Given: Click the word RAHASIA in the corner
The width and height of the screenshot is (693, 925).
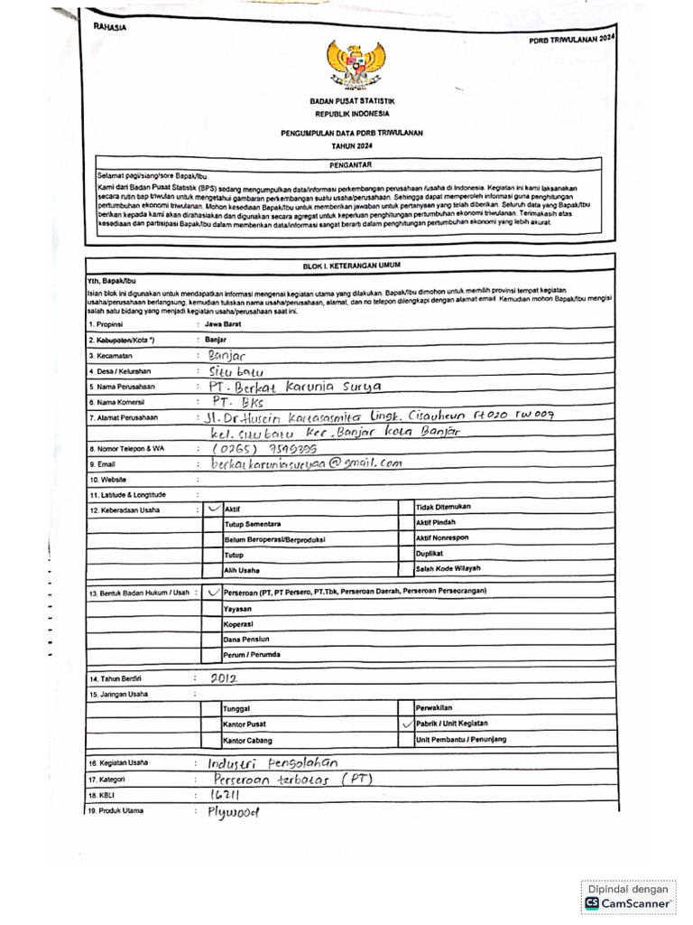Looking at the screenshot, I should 109,27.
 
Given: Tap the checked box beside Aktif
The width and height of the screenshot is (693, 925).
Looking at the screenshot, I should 212,509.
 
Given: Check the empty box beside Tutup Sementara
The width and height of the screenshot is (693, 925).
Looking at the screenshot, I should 212,524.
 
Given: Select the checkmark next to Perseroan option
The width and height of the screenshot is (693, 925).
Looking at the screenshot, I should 212,593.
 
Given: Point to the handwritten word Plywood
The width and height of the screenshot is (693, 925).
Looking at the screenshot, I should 232,811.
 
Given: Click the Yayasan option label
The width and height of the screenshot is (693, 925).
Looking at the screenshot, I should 237,608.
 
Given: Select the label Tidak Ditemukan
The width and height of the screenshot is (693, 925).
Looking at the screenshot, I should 443,508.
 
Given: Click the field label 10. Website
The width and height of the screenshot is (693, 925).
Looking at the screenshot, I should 107,480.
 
